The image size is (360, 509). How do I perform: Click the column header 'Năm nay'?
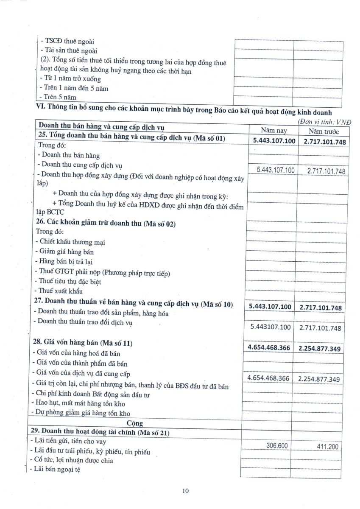[x=274, y=131]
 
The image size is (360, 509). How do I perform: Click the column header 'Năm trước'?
[x=324, y=131]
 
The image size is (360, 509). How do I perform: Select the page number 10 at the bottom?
[x=185, y=491]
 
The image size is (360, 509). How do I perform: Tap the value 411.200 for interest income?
[x=328, y=446]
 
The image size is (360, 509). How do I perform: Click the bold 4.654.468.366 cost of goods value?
[x=269, y=347]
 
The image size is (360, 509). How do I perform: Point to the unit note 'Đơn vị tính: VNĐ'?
[x=325, y=122]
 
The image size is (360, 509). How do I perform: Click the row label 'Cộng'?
[x=135, y=423]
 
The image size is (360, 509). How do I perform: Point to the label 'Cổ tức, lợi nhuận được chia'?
[x=72, y=460]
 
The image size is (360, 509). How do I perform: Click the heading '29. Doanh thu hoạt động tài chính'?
[x=100, y=431]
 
